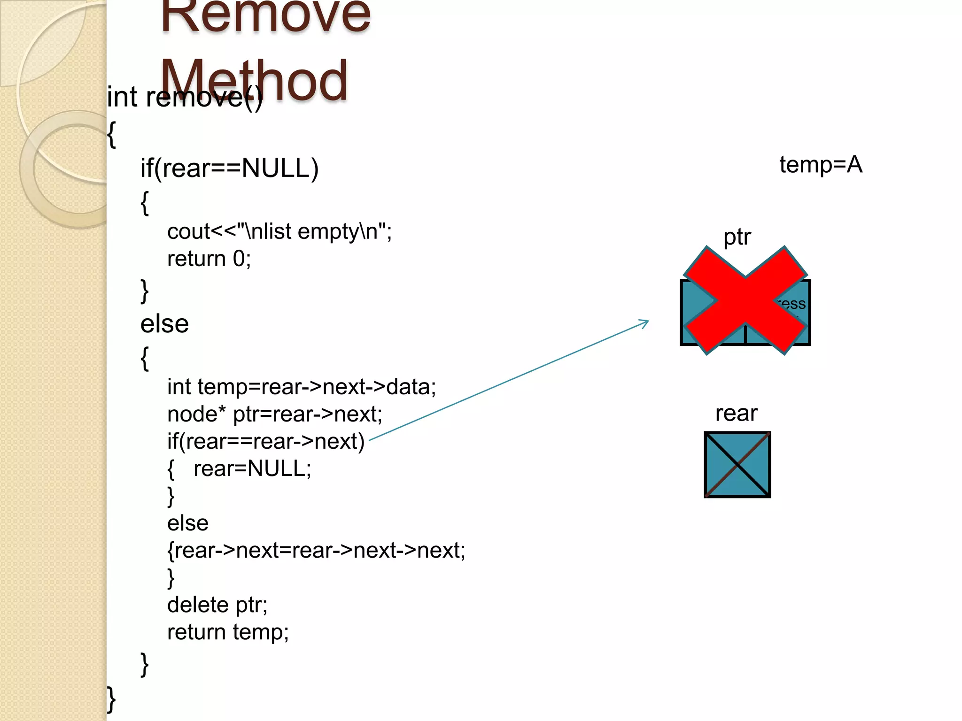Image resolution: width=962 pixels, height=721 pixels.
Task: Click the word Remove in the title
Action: [266, 16]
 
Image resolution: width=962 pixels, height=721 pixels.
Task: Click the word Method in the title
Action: [254, 80]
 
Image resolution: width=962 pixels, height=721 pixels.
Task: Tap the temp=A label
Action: [821, 165]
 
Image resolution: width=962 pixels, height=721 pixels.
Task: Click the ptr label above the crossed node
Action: [737, 237]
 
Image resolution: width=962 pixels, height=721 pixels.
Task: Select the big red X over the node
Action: [745, 300]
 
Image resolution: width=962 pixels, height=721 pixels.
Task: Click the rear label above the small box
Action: [736, 414]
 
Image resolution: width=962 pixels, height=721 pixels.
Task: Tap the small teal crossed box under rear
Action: [737, 464]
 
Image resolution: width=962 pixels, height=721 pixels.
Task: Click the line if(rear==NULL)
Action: [229, 168]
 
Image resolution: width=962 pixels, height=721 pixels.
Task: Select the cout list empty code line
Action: [279, 231]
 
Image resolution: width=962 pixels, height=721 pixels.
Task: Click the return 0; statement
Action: [209, 259]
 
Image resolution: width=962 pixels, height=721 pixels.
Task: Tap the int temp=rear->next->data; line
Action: [302, 387]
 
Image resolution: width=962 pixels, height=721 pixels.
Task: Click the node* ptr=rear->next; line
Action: [275, 414]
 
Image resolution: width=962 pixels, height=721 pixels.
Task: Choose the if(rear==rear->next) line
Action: [266, 441]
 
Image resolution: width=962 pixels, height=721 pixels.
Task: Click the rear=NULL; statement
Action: [252, 468]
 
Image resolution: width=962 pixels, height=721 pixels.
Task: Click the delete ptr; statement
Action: [217, 605]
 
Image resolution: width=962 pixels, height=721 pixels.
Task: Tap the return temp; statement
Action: [228, 632]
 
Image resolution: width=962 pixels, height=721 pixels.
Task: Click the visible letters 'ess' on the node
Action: [794, 304]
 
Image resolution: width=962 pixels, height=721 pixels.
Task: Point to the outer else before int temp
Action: [164, 324]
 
